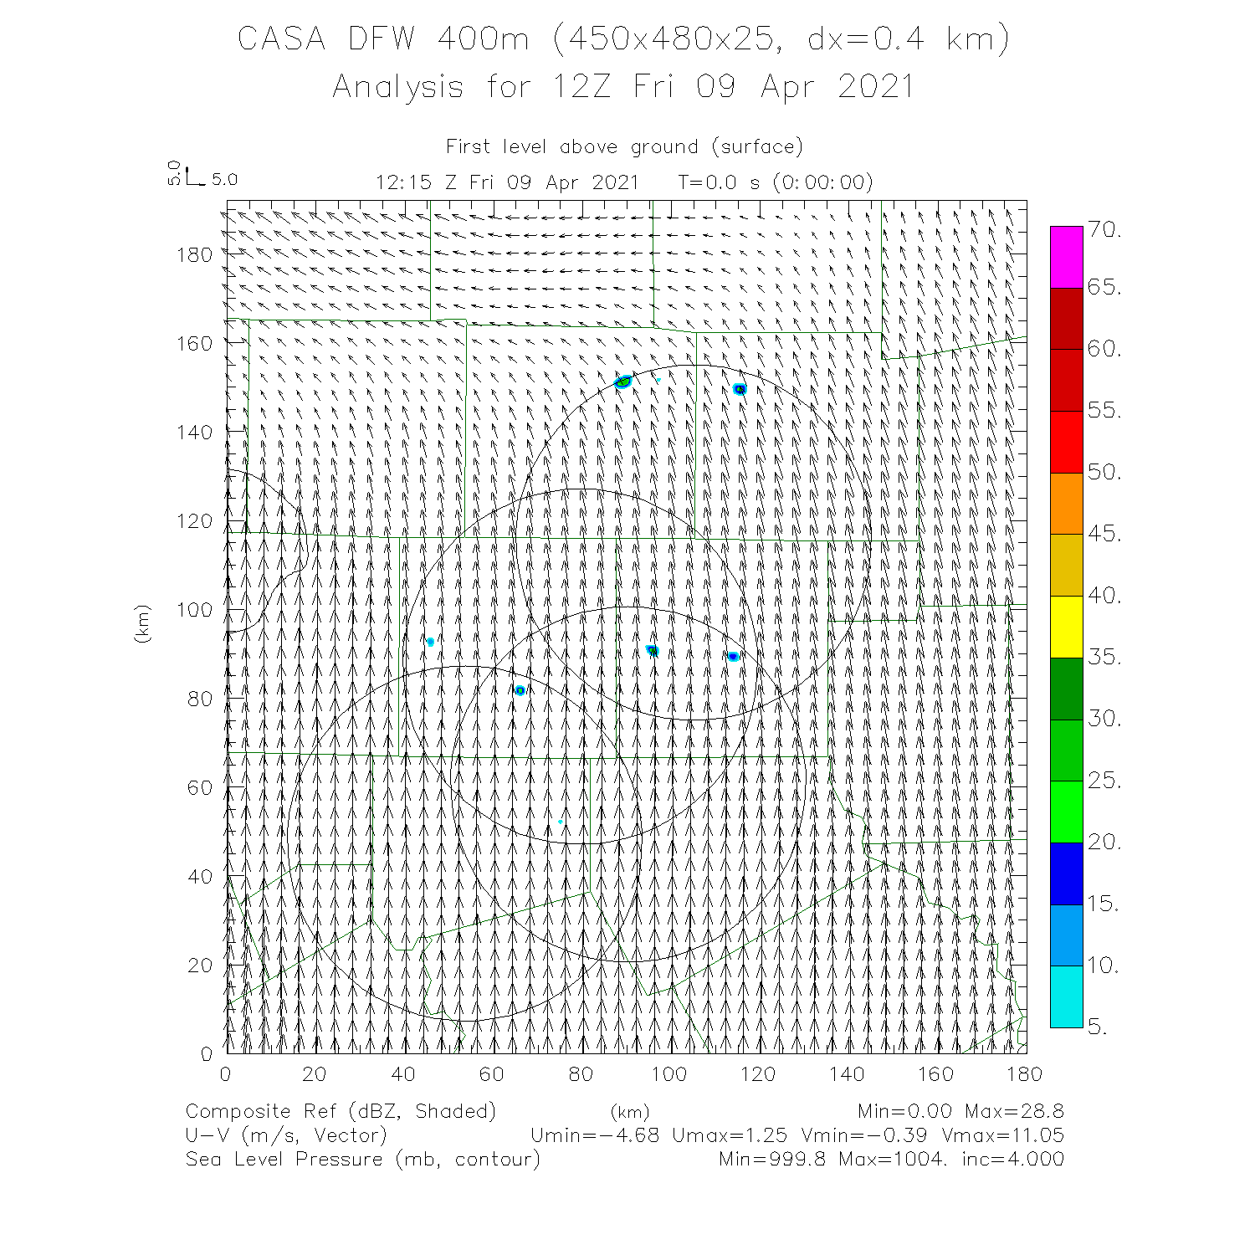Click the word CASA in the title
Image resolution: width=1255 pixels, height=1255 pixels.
281,39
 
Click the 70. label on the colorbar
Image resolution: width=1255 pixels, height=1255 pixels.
1104,230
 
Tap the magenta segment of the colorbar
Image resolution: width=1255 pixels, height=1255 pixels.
1066,257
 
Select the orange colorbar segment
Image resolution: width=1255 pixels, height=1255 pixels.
1066,504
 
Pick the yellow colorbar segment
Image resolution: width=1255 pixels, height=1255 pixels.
1066,627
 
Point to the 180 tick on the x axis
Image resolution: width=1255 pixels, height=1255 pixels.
1024,1074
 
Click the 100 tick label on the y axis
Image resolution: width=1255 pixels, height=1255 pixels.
195,610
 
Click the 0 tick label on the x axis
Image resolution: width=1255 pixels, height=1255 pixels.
226,1074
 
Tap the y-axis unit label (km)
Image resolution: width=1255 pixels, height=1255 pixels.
143,623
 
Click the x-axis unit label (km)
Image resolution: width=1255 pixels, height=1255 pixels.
629,1112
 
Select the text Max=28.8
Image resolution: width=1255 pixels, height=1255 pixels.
1014,1112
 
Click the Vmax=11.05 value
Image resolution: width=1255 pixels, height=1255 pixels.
1002,1135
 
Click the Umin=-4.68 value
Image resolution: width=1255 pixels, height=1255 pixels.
595,1135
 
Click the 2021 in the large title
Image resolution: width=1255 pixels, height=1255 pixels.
875,87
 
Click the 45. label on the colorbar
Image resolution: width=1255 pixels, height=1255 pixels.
1104,534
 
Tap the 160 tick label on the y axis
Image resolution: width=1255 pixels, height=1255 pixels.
195,343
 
